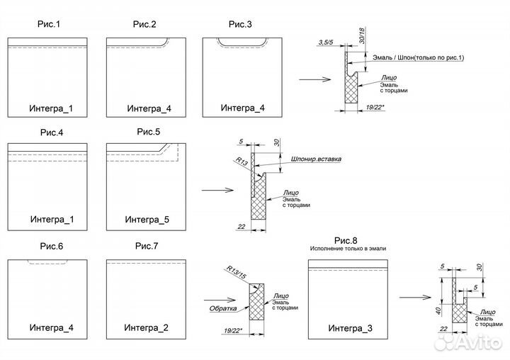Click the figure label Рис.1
pyautogui.click(x=49, y=25)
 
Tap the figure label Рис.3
pyautogui.click(x=239, y=25)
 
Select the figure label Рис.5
pyautogui.click(x=149, y=131)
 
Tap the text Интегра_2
pyautogui.click(x=146, y=327)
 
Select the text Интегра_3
pyautogui.click(x=350, y=329)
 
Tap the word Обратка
pyautogui.click(x=222, y=309)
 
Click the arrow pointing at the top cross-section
pyautogui.click(x=313, y=79)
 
